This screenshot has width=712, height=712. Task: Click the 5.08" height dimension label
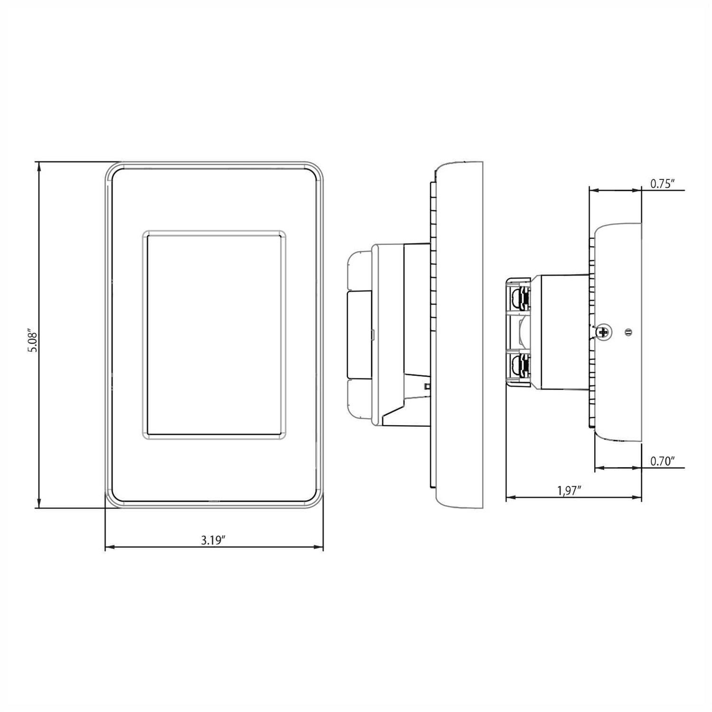point(32,340)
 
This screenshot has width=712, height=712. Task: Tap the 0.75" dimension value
point(663,184)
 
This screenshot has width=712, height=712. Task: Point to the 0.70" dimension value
point(663,461)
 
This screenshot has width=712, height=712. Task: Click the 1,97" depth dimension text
point(570,491)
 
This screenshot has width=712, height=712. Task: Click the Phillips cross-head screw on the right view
point(603,332)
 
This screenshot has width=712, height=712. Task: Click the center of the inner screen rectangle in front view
point(214,335)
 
